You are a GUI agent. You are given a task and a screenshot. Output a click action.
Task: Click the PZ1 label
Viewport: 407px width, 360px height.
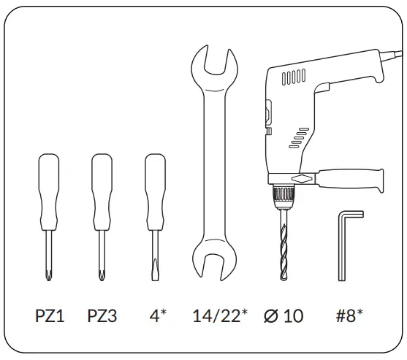[x=50, y=315]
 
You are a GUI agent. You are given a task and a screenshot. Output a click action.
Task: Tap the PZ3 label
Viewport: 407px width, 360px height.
[x=102, y=315]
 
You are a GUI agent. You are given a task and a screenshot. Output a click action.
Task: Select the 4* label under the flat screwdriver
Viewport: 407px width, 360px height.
[x=158, y=315]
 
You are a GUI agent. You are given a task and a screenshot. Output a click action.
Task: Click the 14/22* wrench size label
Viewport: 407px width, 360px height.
[x=220, y=315]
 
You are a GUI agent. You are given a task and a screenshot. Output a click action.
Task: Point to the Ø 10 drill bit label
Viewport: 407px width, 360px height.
[x=284, y=315]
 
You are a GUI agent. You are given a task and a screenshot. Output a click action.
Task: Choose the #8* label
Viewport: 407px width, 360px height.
[x=349, y=315]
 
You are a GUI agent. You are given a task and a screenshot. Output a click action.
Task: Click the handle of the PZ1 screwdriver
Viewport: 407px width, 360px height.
[x=49, y=192]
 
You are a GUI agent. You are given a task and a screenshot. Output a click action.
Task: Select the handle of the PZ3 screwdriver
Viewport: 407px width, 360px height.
[x=102, y=192]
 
